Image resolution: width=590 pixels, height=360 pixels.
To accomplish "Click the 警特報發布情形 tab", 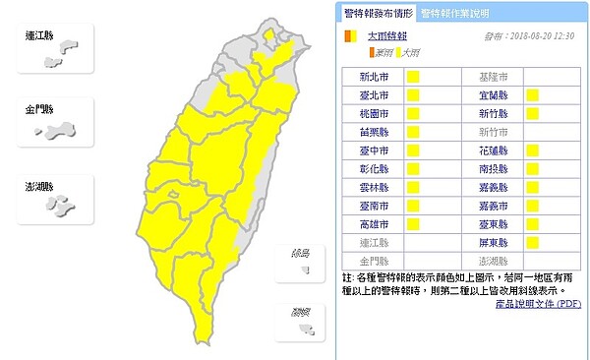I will [378, 13].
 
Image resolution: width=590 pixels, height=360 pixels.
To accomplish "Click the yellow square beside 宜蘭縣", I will [532, 95].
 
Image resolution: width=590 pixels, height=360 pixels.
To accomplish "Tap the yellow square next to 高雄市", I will [413, 224].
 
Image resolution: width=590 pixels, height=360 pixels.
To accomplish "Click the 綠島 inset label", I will [300, 254].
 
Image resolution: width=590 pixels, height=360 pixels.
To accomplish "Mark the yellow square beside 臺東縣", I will [532, 224].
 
